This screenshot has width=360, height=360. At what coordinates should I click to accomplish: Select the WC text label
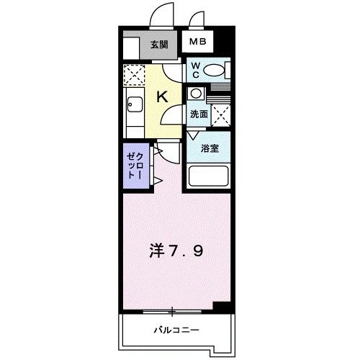tap(195, 71)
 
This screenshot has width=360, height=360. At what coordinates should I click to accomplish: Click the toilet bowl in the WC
tap(214, 71)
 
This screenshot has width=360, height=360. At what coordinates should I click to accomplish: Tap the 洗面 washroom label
tap(199, 113)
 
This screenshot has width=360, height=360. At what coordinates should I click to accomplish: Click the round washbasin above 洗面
tap(197, 93)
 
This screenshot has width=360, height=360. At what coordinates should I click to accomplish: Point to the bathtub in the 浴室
tap(208, 176)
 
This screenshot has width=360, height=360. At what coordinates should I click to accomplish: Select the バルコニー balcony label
tap(176, 330)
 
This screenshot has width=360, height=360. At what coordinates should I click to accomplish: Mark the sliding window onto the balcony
tap(173, 311)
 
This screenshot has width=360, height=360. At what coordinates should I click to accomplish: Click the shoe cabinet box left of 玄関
tap(130, 48)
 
